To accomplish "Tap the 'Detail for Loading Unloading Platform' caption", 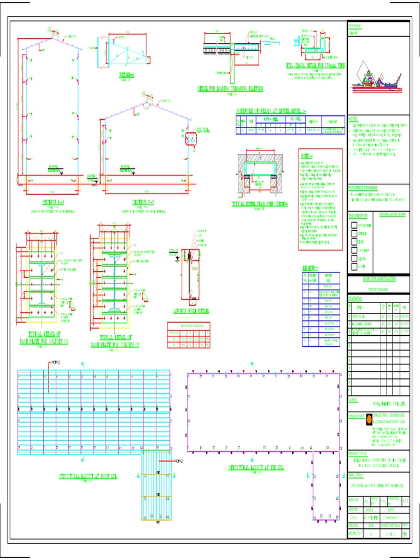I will coord(230,88).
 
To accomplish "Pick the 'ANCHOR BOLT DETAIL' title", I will coord(191,311).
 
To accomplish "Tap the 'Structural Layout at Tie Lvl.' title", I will coord(257,468).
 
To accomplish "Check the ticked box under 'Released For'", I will coord(354,241).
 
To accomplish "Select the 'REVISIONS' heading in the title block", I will coord(356,299).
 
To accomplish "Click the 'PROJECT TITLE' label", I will coord(358,453).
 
